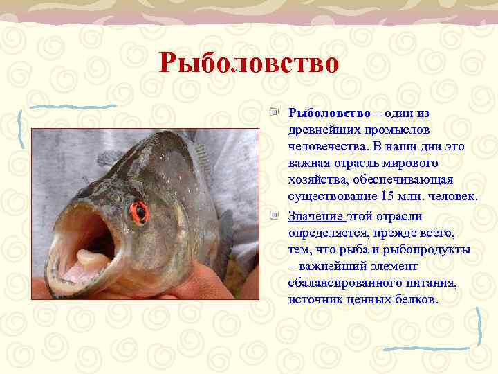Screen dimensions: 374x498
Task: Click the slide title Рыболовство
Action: coord(249,64)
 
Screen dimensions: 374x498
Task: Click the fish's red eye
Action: coord(140,211)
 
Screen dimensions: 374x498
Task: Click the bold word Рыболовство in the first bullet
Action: coord(329,113)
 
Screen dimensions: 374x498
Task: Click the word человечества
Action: coord(328,147)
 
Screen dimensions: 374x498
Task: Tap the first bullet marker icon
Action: coord(275,112)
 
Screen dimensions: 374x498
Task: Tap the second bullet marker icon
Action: coord(275,215)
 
